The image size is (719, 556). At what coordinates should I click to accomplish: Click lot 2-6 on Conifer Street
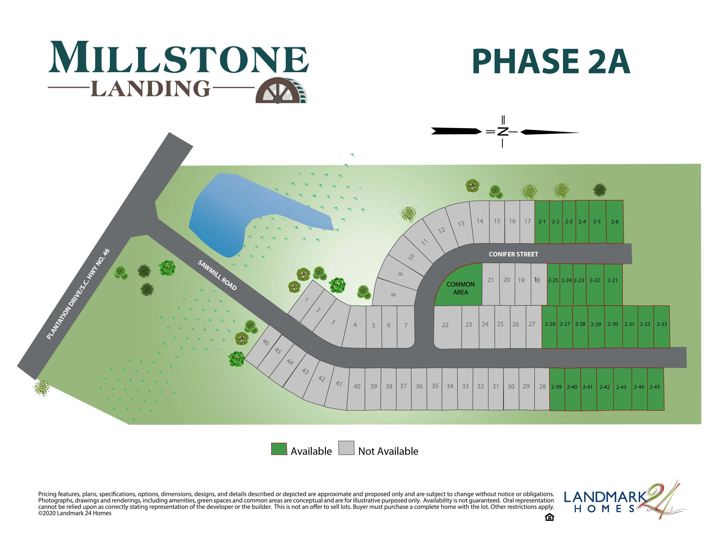(x=614, y=222)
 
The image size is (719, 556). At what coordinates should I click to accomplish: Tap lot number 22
(x=445, y=325)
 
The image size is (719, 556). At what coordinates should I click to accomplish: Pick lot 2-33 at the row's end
(x=661, y=324)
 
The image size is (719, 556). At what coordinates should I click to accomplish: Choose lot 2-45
(x=655, y=387)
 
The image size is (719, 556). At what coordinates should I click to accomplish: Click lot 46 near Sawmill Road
(x=266, y=342)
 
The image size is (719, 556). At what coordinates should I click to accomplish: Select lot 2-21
(x=612, y=281)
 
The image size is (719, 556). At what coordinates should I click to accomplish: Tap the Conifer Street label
(x=513, y=254)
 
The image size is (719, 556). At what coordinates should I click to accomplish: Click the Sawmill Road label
(x=217, y=275)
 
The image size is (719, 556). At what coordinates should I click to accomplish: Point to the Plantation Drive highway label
(x=78, y=294)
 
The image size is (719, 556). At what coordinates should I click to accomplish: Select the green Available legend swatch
(x=279, y=449)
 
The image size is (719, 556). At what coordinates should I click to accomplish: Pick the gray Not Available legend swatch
(x=346, y=448)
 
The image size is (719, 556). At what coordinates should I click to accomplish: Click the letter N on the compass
(x=502, y=132)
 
